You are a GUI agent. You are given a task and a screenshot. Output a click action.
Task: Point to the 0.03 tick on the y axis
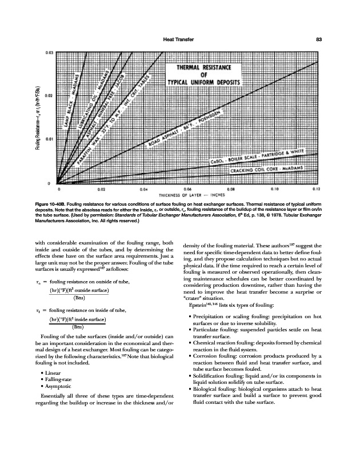pyautogui.click(x=50, y=52)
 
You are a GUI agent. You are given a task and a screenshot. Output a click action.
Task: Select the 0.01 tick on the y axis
pyautogui.click(x=50, y=139)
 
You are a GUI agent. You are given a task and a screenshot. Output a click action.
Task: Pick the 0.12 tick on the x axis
pyautogui.click(x=317, y=188)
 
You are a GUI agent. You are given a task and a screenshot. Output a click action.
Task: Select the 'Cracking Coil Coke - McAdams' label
pyautogui.click(x=266, y=170)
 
